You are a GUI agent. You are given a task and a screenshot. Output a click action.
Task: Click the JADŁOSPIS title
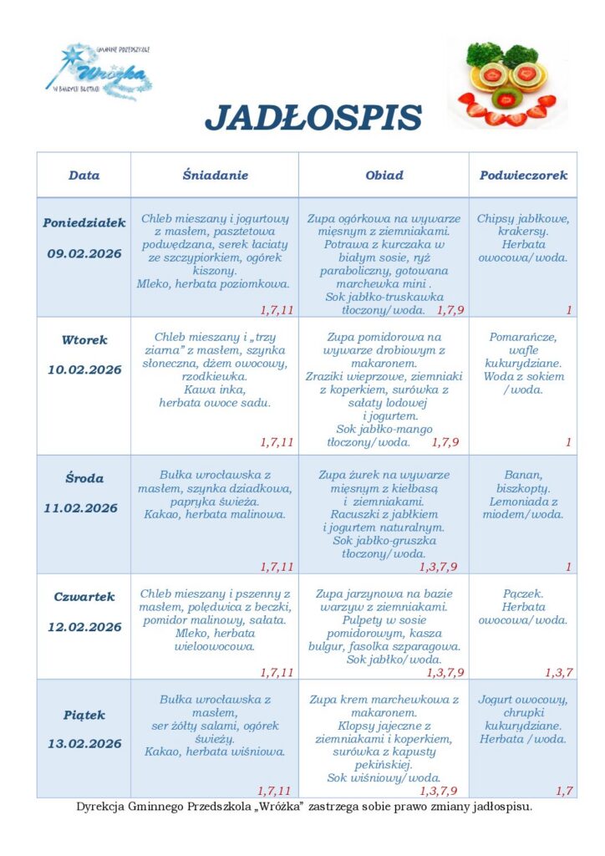(x=313, y=118)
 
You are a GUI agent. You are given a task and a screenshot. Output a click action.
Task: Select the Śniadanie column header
(x=216, y=176)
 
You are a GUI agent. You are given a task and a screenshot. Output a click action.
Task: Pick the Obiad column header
(x=384, y=176)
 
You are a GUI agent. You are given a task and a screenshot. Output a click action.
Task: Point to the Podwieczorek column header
(x=523, y=176)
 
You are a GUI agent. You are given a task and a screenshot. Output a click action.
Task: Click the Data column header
(x=84, y=176)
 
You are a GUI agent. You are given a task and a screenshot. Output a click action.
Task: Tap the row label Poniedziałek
(x=84, y=223)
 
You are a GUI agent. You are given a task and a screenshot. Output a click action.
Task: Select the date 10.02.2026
(x=84, y=369)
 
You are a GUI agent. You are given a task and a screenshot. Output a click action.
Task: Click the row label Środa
(x=84, y=479)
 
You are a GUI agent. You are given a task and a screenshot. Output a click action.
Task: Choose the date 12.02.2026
(x=84, y=627)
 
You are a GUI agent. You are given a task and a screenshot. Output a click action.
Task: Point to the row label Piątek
(x=84, y=716)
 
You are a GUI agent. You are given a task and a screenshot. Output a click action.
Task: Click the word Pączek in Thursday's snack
(x=523, y=594)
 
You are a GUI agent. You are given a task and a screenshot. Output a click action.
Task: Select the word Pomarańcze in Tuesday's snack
(x=523, y=337)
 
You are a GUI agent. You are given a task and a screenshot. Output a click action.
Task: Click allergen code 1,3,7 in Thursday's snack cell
(x=558, y=673)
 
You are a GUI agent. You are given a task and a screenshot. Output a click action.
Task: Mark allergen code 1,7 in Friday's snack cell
(x=564, y=791)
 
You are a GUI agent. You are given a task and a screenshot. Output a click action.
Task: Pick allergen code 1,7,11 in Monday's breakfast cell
(x=277, y=310)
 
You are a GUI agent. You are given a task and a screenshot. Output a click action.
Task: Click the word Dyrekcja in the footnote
(x=101, y=808)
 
